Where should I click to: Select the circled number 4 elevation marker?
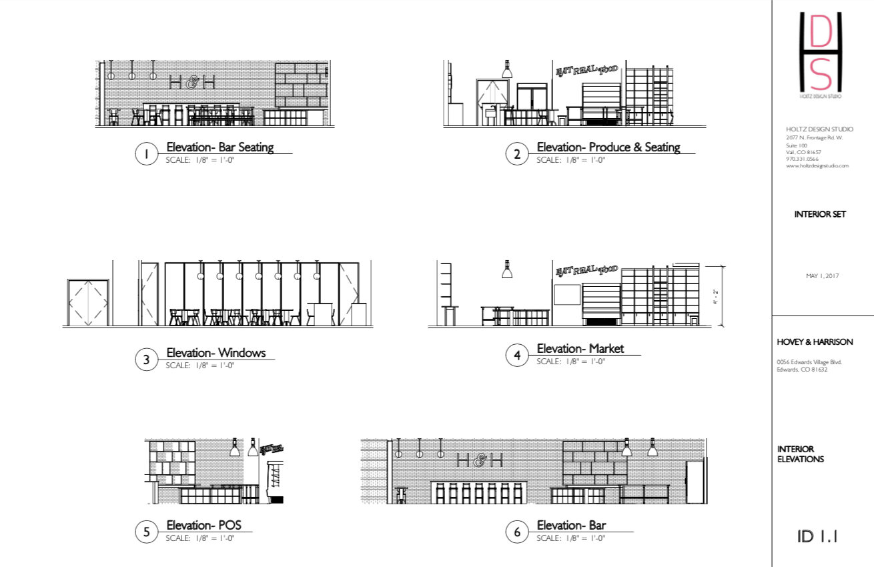tap(517, 356)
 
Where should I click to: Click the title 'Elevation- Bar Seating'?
tap(220, 147)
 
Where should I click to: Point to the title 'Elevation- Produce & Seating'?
tap(608, 147)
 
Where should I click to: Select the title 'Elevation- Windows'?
tap(215, 353)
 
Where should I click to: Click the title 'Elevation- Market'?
tap(580, 348)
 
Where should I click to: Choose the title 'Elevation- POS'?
tap(199, 525)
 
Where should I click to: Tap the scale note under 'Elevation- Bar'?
tap(571, 538)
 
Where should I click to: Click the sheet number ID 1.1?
tap(817, 536)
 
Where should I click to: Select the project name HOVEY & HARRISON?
tap(815, 342)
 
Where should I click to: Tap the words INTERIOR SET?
tap(820, 215)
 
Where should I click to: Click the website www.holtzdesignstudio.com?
tap(817, 165)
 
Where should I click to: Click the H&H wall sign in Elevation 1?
tap(192, 82)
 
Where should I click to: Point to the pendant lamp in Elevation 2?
tap(507, 69)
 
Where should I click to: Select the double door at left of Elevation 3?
tap(88, 302)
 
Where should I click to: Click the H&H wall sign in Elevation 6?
tap(479, 460)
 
